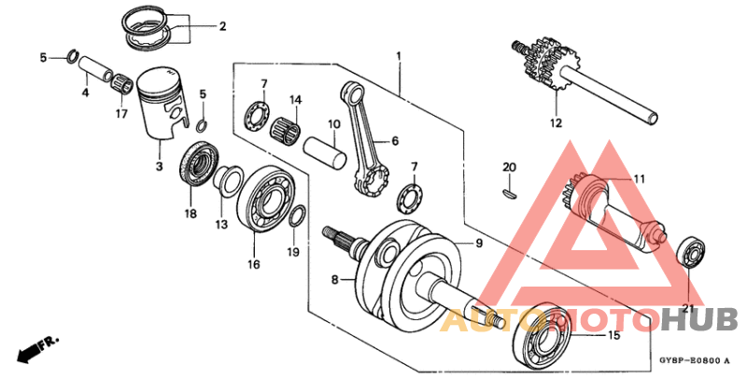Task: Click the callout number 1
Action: point(399,57)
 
